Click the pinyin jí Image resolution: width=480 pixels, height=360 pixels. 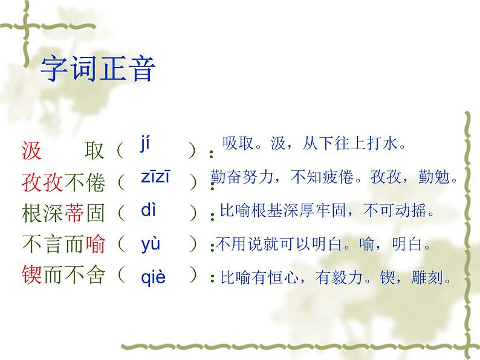(144, 144)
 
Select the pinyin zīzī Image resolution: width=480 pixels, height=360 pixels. (155, 176)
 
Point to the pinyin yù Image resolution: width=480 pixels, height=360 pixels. (151, 244)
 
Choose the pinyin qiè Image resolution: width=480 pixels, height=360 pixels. (153, 277)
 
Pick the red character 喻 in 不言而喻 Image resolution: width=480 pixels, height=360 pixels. (94, 245)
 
